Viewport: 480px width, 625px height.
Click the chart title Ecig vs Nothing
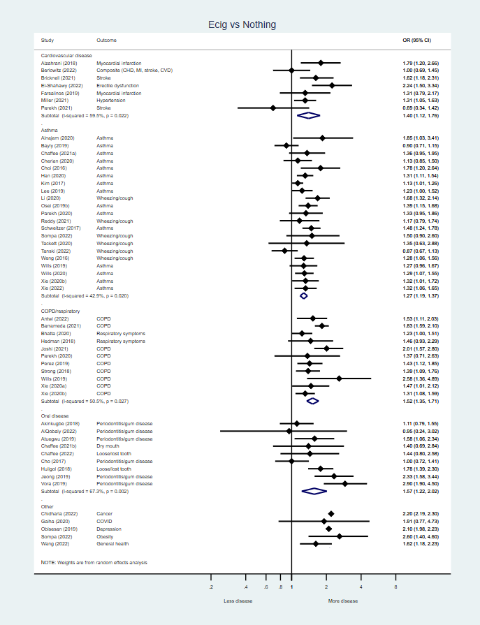pos(242,25)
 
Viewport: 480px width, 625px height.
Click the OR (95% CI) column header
pos(417,41)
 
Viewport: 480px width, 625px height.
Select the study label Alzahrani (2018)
pos(59,63)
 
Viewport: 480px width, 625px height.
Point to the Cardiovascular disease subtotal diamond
pos(308,115)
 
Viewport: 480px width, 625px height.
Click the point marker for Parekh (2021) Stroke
pos(273,108)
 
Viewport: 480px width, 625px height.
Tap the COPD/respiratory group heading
pos(60,311)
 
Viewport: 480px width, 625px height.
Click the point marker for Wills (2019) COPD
pos(339,378)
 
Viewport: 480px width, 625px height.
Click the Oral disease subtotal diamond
pos(314,491)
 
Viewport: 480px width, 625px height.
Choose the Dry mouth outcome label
pos(110,446)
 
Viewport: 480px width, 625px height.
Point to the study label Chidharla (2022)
pos(60,513)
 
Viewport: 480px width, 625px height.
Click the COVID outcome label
pos(105,521)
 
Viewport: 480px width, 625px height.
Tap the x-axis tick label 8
pos(395,577)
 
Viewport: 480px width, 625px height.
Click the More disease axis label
pos(343,601)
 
